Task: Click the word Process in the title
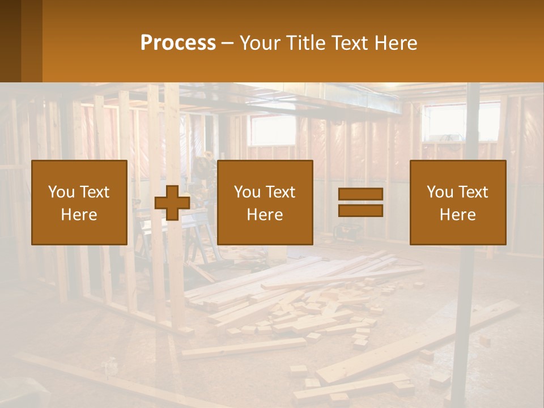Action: pos(178,43)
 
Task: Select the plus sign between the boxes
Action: pos(172,203)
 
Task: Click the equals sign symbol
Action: pos(360,203)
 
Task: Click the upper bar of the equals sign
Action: pos(360,194)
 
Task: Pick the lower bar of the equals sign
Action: pos(360,211)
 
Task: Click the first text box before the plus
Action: pos(79,203)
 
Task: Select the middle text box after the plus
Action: pos(265,203)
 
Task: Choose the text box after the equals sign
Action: pos(458,203)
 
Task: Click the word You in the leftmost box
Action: pos(61,192)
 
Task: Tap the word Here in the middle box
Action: pos(265,215)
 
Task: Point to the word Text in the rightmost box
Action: pos(473,192)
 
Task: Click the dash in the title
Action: pos(228,44)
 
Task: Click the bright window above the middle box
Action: pos(272,130)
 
